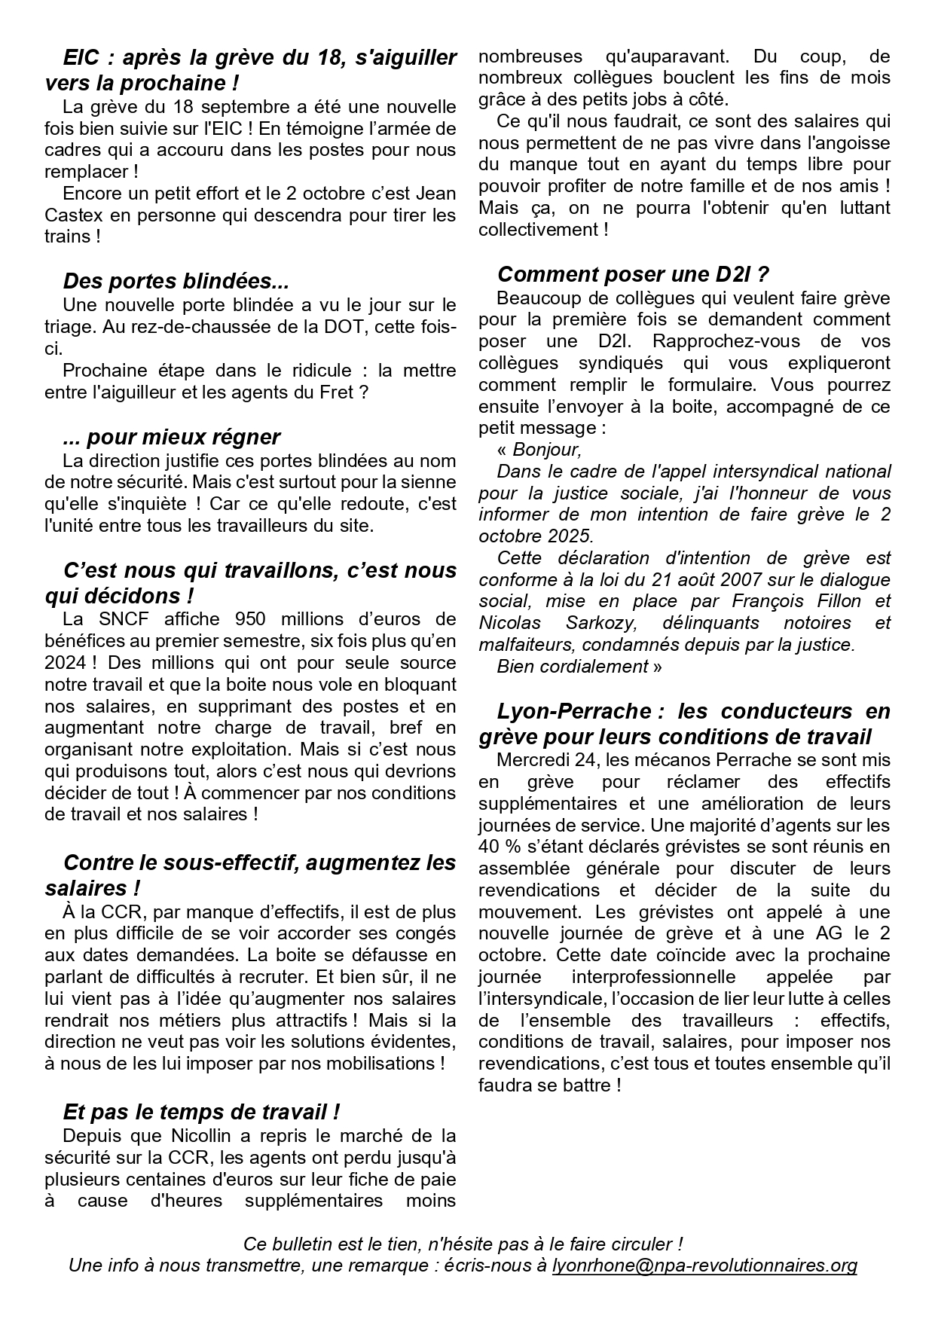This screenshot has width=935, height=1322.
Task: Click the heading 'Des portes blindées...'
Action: [x=176, y=282]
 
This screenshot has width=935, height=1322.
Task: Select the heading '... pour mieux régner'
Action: [x=172, y=437]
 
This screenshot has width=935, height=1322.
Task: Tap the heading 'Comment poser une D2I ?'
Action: [x=633, y=274]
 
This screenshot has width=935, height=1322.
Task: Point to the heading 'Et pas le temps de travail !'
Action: [x=201, y=1112]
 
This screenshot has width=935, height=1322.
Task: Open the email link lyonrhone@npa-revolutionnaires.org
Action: [x=704, y=1266]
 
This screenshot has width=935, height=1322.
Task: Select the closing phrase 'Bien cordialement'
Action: [x=573, y=667]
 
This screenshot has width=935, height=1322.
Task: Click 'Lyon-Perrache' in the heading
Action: [x=574, y=711]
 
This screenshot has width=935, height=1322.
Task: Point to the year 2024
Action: [x=66, y=663]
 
